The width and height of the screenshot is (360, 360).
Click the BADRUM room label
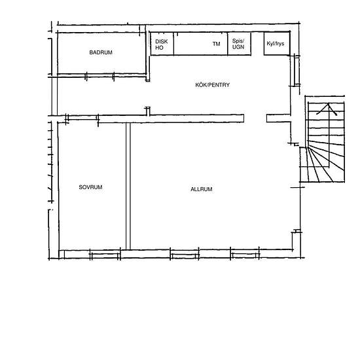tap(101, 52)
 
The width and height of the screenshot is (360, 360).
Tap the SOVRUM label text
tap(90, 187)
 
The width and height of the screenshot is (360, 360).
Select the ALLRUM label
tap(202, 189)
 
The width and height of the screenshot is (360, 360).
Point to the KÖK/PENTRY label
tap(212, 85)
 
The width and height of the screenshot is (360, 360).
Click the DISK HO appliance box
tap(162, 44)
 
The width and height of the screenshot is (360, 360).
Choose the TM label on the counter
tap(216, 44)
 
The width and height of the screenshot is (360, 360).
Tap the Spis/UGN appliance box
tap(239, 44)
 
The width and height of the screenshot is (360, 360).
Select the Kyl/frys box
tap(277, 43)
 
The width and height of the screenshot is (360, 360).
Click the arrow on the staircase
tap(328, 109)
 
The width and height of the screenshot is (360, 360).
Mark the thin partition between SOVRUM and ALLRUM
tap(128, 186)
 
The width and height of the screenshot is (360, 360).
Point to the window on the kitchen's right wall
tap(297, 71)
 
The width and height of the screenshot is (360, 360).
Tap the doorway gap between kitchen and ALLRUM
tap(255, 118)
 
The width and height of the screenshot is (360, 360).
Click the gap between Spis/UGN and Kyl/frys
tap(257, 44)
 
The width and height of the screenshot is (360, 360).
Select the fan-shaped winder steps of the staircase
tap(322, 162)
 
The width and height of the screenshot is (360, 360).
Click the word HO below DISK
tap(159, 48)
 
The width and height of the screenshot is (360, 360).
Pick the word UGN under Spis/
tap(238, 47)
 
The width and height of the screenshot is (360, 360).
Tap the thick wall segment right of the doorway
tap(278, 118)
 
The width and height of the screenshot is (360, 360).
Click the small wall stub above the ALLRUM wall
tap(148, 111)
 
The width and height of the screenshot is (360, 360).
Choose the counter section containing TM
tap(201, 44)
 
